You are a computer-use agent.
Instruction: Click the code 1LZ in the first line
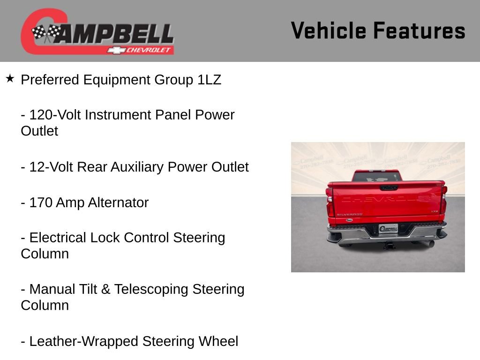coord(209,80)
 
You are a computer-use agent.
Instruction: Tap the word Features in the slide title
coord(419,31)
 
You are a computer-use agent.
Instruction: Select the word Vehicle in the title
coord(328,31)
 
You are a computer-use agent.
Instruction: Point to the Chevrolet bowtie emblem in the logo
coord(116,50)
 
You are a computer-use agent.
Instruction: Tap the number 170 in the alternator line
coord(41,202)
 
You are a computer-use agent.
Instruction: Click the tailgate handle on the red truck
coord(389,187)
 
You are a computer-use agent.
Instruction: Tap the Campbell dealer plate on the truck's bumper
coord(388,228)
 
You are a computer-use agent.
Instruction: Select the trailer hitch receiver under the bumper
coord(389,244)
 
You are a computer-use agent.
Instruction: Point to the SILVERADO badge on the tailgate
coord(349,214)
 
